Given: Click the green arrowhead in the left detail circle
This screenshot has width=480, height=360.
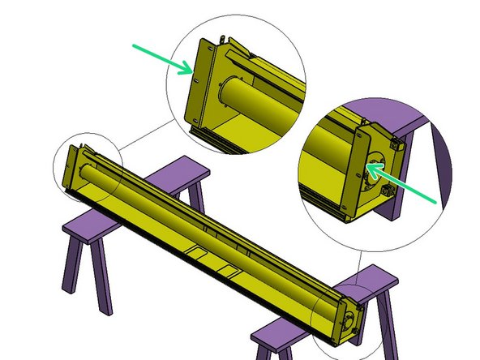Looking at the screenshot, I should pos(188,71).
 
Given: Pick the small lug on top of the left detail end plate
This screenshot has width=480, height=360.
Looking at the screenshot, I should pos(221,38).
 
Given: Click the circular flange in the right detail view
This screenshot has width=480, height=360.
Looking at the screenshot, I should pos(374,171).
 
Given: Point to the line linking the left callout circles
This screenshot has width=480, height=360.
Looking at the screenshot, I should pos(146,135).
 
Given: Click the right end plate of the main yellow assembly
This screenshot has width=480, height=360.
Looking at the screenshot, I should pos(349,320).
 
